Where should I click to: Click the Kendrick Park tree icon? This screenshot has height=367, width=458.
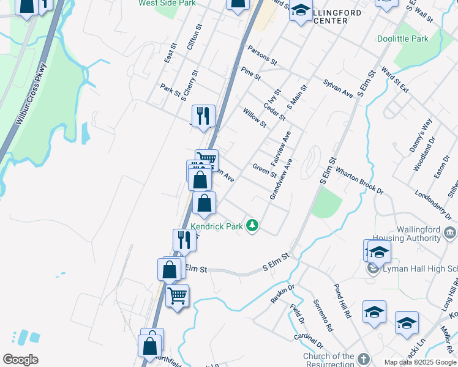[x=252, y=226]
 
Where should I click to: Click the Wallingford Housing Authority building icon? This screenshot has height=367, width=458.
[x=449, y=232]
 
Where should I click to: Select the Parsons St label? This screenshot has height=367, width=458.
[x=262, y=56]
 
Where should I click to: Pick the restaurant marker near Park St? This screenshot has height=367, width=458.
[x=203, y=116]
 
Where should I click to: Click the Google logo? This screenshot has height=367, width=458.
[x=20, y=360]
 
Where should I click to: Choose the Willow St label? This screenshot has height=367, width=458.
[x=255, y=118]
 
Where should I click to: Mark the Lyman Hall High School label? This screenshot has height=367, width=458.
[x=420, y=269]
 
